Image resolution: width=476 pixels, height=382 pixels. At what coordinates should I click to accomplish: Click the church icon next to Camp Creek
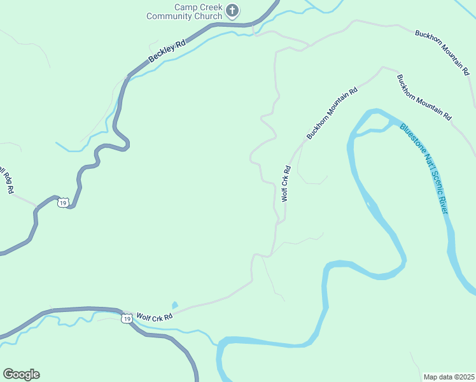coord(234,10)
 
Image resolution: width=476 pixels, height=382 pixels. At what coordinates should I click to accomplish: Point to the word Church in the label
coord(208,17)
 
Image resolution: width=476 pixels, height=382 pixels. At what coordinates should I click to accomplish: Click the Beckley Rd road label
coord(167,52)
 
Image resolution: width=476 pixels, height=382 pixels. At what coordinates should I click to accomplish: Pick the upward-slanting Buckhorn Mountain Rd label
coord(332,114)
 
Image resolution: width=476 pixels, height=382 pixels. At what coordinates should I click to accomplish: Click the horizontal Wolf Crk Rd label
coord(154,316)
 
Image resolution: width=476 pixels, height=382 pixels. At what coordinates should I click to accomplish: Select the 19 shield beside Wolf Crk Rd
coord(127,318)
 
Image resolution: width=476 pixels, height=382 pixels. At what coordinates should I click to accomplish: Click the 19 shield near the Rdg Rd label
coord(62,202)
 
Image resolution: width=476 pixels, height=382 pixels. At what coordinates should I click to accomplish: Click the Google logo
coord(21,374)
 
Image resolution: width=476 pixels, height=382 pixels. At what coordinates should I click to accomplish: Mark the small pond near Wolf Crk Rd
coord(174,306)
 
